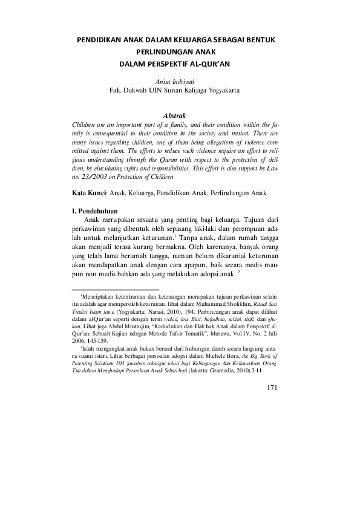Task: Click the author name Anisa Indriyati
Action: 175,81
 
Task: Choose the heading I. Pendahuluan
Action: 95,212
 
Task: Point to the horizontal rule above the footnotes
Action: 115,290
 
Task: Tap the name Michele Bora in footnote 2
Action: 215,357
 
